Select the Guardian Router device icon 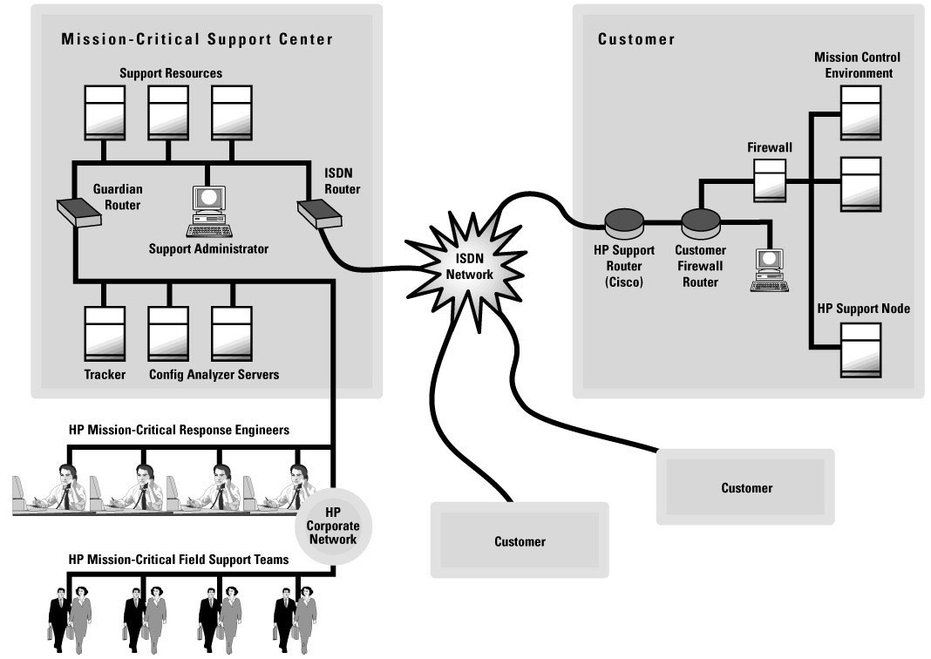pyautogui.click(x=76, y=211)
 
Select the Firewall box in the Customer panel pyautogui.click(x=770, y=180)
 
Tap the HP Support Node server pyautogui.click(x=860, y=350)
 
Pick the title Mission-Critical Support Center pyautogui.click(x=197, y=39)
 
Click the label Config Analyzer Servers pyautogui.click(x=214, y=375)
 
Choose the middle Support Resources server pyautogui.click(x=168, y=111)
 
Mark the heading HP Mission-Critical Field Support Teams pyautogui.click(x=178, y=560)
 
